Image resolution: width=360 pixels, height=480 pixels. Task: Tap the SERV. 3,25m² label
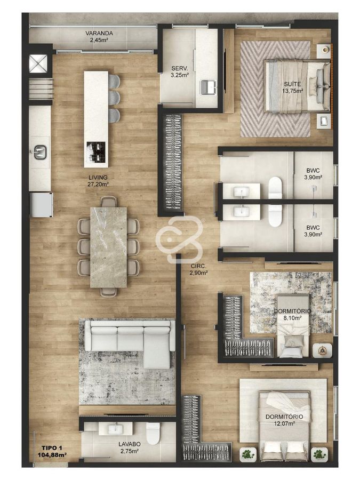click(x=180, y=71)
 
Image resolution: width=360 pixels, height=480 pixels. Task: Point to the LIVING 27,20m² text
click(x=98, y=181)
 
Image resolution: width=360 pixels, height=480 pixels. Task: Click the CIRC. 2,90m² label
click(x=199, y=269)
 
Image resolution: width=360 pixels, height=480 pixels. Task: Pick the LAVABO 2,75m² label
click(x=130, y=447)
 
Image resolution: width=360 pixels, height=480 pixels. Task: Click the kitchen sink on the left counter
click(x=40, y=152)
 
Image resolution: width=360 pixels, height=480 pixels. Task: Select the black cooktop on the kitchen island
click(x=96, y=152)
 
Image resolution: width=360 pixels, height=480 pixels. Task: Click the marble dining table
click(x=108, y=247)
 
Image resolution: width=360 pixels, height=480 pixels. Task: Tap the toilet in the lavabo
click(x=154, y=433)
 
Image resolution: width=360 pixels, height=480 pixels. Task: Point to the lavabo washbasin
click(x=115, y=428)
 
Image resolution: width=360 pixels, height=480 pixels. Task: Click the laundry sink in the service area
click(x=208, y=86)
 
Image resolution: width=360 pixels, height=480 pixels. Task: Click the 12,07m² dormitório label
click(x=280, y=420)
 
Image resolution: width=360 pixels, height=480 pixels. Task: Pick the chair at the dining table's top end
click(x=109, y=202)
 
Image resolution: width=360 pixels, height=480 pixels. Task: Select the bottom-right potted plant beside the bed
click(x=319, y=453)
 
